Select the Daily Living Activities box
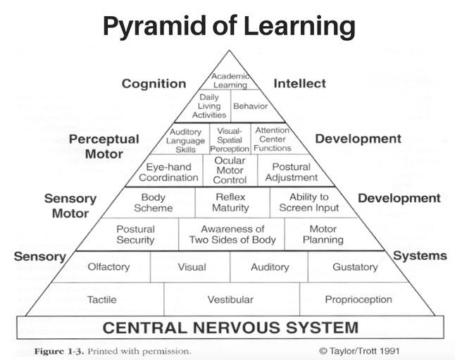[209, 106]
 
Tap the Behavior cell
[250, 106]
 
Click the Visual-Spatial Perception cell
[230, 139]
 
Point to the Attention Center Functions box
[273, 139]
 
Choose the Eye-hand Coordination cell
[172, 172]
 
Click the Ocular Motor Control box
[230, 170]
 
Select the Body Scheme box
[153, 203]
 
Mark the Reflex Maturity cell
[231, 203]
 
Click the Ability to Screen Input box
[308, 203]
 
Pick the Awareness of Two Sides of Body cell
[232, 235]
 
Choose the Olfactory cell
[108, 267]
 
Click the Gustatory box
[354, 267]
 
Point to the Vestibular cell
[230, 299]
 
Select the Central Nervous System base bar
[230, 328]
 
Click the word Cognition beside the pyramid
[154, 83]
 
